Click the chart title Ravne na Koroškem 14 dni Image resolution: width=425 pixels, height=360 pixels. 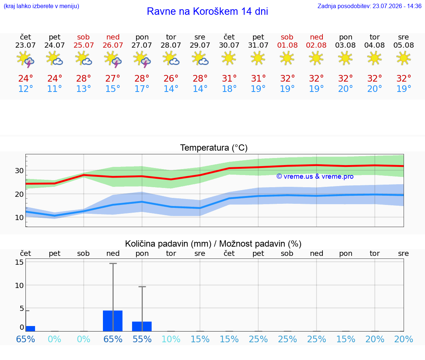207,11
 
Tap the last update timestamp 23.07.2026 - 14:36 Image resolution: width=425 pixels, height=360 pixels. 397,6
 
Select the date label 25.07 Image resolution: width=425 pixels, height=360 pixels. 83,45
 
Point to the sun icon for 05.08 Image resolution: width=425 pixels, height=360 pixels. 404,58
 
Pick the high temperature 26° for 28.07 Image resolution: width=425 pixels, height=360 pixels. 171,79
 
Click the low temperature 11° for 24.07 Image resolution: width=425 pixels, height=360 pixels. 55,89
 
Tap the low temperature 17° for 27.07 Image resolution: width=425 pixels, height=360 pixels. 142,89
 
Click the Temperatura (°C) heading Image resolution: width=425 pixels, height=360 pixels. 214,148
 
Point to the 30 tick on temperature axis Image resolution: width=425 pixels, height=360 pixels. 19,171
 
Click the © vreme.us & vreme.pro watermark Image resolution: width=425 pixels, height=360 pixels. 315,176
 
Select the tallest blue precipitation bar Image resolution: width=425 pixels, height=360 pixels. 113,321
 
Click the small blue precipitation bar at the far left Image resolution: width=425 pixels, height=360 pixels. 30,329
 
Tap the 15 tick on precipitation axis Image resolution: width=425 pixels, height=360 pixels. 19,262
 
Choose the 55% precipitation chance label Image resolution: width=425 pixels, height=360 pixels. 142,339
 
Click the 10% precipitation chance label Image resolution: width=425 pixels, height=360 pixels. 171,339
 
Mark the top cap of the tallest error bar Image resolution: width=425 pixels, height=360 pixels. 113,263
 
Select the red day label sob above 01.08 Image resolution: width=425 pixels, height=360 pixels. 287,37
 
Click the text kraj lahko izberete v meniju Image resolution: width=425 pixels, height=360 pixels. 41,6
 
